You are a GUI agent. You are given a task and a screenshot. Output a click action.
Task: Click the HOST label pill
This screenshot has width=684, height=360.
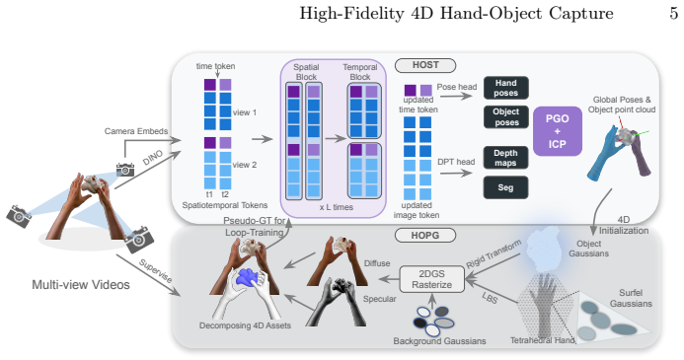(425, 65)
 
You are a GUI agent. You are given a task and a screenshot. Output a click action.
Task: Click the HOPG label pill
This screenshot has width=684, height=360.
(425, 236)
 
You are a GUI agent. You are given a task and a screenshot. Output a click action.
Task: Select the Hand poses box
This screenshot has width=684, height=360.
(506, 88)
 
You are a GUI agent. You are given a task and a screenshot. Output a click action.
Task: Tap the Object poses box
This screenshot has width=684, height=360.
(506, 116)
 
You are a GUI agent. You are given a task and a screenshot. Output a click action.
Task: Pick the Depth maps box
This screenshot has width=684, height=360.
(505, 158)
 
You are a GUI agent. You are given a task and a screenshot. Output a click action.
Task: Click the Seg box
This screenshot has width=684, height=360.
(505, 187)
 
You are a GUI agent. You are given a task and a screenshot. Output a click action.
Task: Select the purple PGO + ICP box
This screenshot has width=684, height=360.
(558, 131)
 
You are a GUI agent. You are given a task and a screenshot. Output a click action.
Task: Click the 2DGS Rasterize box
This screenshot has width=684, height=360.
(432, 279)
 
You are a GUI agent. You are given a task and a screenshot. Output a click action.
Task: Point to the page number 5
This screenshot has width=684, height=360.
(674, 14)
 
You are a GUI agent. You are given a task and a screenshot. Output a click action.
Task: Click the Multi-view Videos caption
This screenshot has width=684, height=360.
(81, 285)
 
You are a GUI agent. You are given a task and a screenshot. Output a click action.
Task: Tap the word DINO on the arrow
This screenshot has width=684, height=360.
(153, 158)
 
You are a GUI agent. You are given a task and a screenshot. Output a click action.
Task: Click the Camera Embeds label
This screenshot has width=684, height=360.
(136, 131)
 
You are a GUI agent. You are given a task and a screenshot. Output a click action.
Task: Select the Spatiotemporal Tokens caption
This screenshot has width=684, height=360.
(225, 205)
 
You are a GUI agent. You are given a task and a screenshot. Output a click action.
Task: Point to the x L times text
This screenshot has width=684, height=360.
(336, 207)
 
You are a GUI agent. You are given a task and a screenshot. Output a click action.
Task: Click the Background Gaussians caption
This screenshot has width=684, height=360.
(440, 341)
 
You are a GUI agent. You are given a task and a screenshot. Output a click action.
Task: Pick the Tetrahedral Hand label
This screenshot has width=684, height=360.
(543, 340)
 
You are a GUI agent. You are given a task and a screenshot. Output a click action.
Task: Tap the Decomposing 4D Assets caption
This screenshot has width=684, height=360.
(245, 325)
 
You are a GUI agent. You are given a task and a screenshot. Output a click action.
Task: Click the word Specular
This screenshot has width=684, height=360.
(380, 299)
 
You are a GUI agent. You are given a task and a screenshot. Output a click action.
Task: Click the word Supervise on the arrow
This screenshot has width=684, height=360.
(155, 270)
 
